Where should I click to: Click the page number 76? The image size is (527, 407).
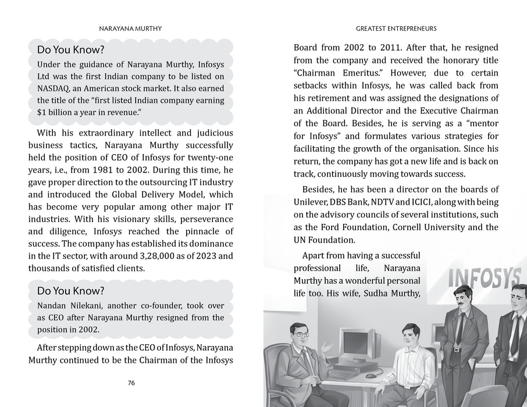click(131, 383)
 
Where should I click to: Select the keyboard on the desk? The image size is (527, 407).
click(343, 374)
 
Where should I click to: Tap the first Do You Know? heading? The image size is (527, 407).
click(70, 49)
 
